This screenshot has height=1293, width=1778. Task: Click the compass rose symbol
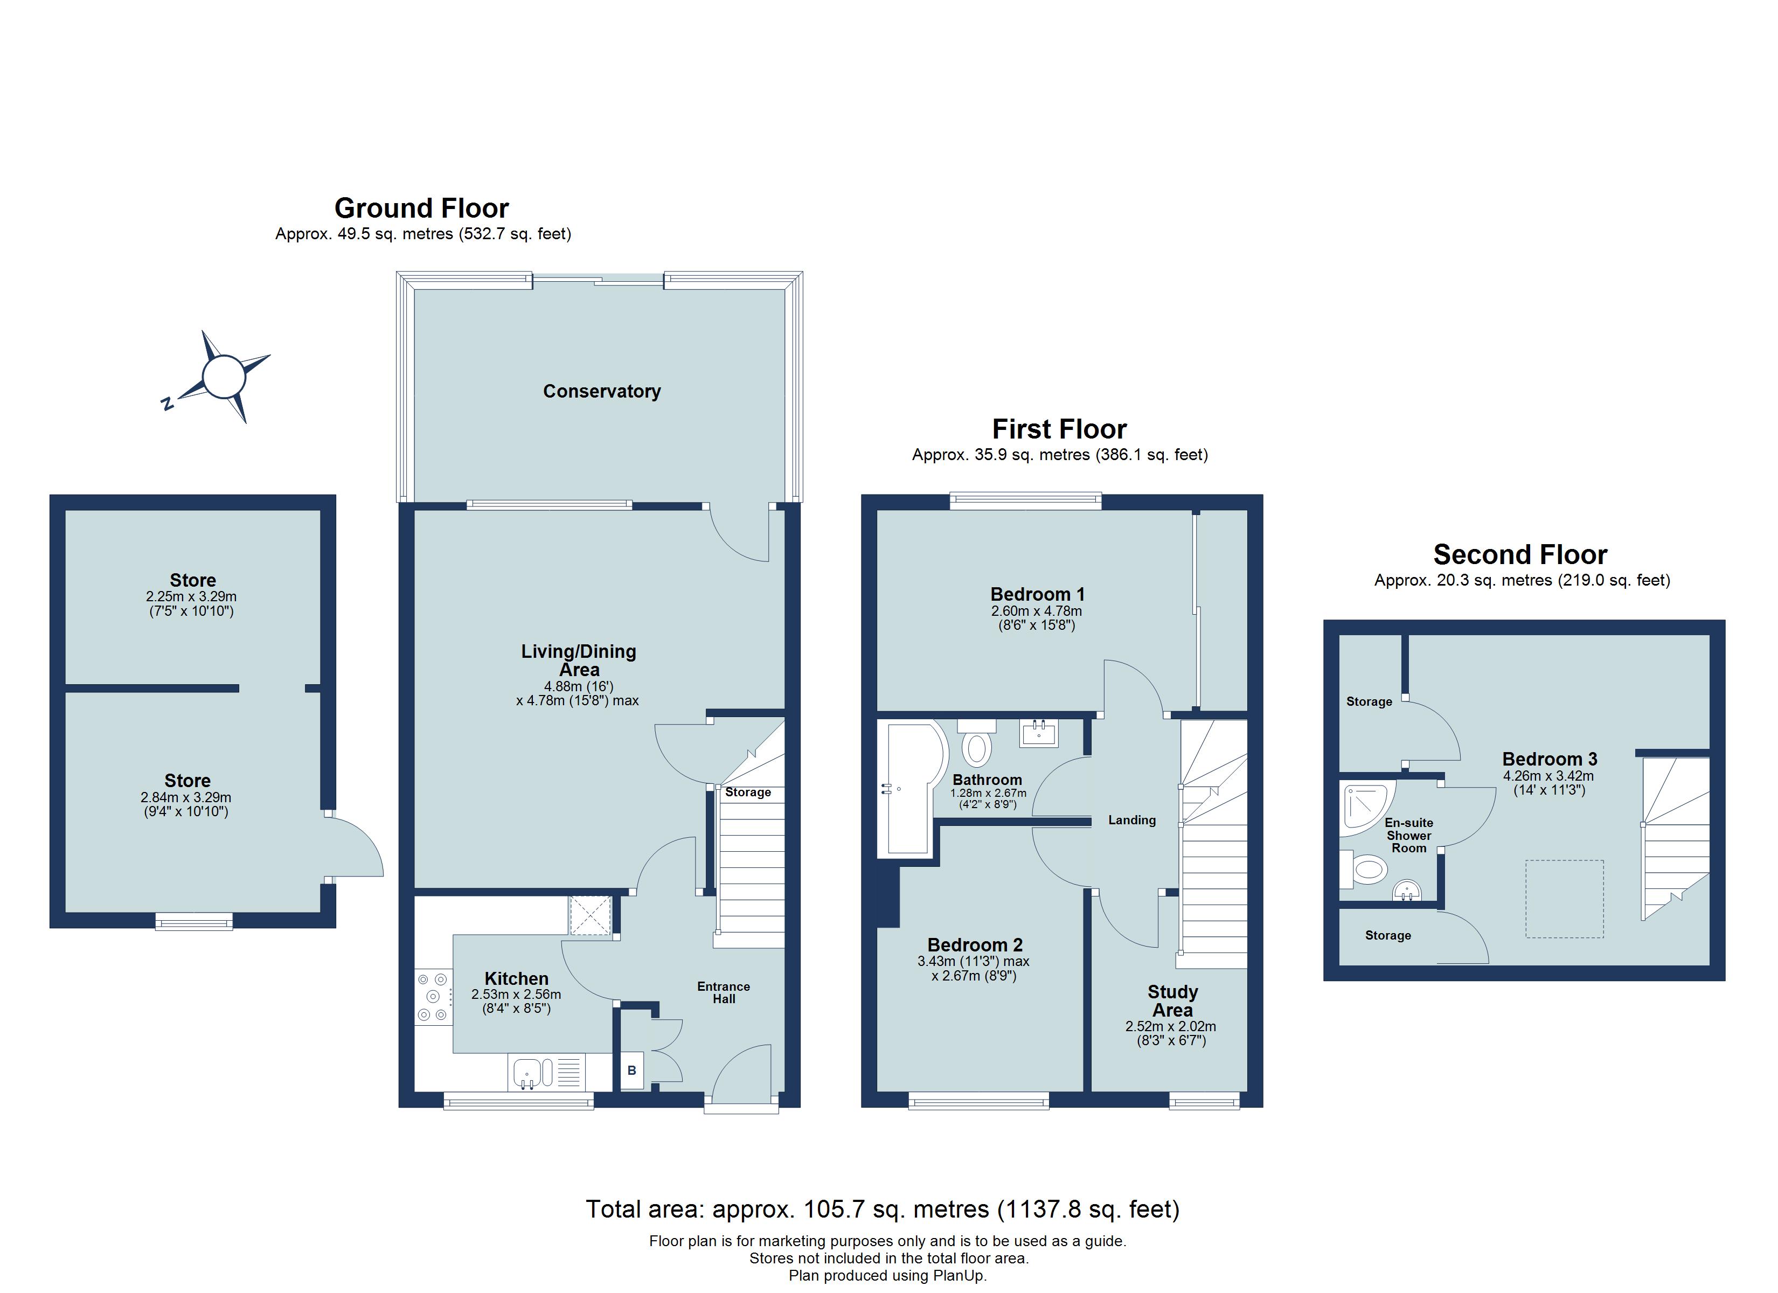click(x=224, y=377)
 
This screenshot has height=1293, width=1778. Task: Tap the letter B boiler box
click(x=632, y=1070)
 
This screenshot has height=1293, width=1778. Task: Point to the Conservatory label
click(x=601, y=391)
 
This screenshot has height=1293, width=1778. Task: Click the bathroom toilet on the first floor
click(x=977, y=746)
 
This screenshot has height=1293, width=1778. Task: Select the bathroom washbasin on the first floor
click(x=1039, y=734)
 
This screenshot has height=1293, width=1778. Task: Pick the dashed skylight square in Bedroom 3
click(x=1564, y=899)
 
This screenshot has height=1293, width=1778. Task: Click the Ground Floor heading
click(x=422, y=208)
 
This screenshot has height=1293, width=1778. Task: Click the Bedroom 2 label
click(x=975, y=945)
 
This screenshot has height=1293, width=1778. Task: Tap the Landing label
click(x=1131, y=820)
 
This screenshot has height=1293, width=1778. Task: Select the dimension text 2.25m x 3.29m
click(x=191, y=597)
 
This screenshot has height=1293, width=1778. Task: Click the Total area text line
click(x=882, y=1209)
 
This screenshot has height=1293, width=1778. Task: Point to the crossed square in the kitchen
click(x=591, y=915)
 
